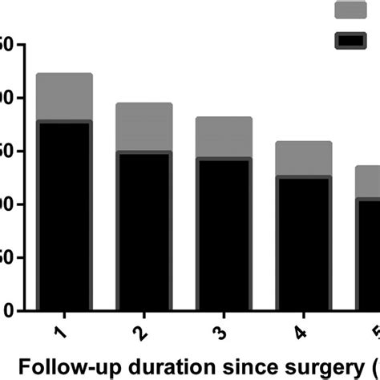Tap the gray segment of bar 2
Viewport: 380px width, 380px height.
click(x=144, y=126)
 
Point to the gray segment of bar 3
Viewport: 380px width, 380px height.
click(x=224, y=136)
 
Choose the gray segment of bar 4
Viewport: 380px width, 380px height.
click(x=303, y=158)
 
